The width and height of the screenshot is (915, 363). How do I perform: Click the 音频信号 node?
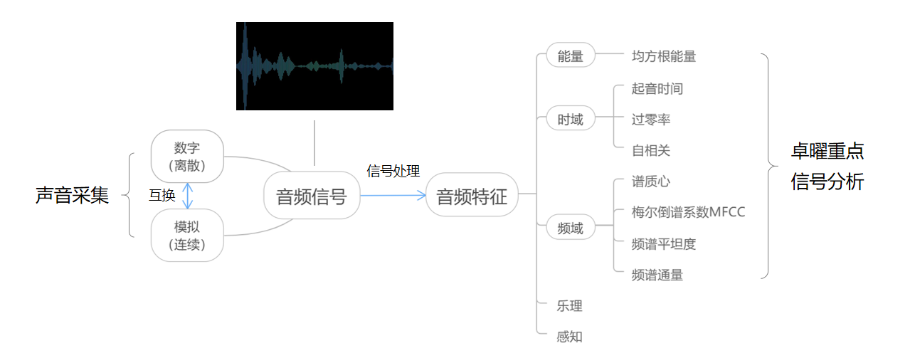pyautogui.click(x=312, y=196)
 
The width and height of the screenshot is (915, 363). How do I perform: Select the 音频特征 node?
pyautogui.click(x=472, y=196)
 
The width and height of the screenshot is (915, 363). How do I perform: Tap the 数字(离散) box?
pyautogui.click(x=187, y=157)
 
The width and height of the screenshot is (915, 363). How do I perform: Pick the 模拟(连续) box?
pyautogui.click(x=187, y=236)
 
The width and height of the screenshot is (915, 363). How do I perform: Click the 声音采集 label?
pyautogui.click(x=72, y=195)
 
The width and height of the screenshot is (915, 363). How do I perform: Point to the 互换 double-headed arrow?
pyautogui.click(x=188, y=196)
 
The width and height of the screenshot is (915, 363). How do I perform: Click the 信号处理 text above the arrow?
pyautogui.click(x=393, y=171)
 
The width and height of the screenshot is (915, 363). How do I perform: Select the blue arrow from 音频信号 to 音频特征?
pyautogui.click(x=393, y=195)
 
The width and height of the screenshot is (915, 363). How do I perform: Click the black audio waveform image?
pyautogui.click(x=314, y=66)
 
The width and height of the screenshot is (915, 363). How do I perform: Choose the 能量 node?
pyautogui.click(x=570, y=56)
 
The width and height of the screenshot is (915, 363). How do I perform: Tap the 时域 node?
pyautogui.click(x=570, y=119)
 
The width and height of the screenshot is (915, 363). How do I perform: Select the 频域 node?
pyautogui.click(x=570, y=228)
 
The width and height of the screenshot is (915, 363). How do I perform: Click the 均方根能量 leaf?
pyautogui.click(x=663, y=56)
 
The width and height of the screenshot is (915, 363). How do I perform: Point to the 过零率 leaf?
pyautogui.click(x=650, y=119)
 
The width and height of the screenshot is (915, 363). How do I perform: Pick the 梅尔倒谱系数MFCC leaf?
pyautogui.click(x=688, y=212)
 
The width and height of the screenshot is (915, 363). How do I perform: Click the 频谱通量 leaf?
pyautogui.click(x=657, y=274)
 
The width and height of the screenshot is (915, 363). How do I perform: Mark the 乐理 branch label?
pyautogui.click(x=569, y=306)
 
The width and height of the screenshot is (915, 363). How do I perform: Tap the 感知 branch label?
pyautogui.click(x=569, y=336)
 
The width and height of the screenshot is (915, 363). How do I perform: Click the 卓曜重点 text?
pyautogui.click(x=827, y=151)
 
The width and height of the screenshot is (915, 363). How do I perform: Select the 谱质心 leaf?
pyautogui.click(x=650, y=181)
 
